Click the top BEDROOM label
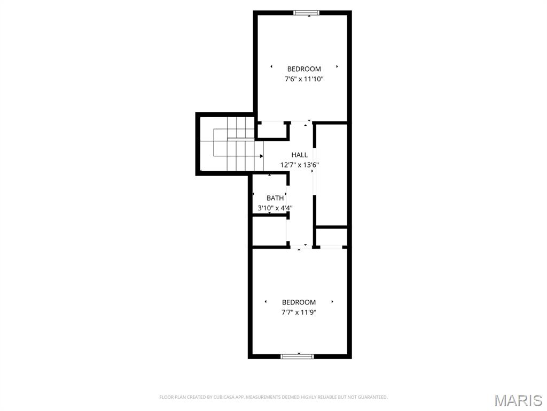(x=304, y=69)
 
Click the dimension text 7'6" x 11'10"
(x=304, y=79)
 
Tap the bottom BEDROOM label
(x=299, y=302)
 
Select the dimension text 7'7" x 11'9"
(x=299, y=313)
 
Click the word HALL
(x=299, y=155)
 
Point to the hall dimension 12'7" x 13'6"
(x=300, y=165)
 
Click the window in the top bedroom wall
(x=309, y=13)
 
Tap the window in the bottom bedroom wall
(x=298, y=356)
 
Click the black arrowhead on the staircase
(x=262, y=156)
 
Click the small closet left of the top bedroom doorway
(x=272, y=130)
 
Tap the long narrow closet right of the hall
(x=331, y=174)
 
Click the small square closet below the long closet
(x=331, y=237)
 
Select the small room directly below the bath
(x=269, y=231)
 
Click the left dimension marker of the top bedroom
(x=271, y=67)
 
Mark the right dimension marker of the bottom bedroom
(x=332, y=302)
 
